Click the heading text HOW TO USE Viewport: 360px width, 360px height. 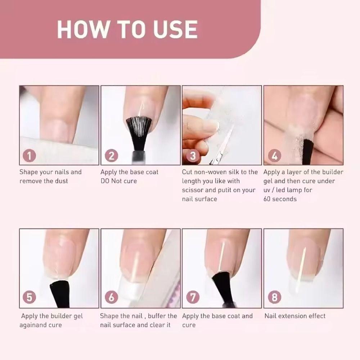[127, 29]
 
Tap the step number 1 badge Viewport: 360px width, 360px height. [30, 156]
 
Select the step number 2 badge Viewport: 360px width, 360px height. [111, 156]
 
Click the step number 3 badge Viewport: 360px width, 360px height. [193, 156]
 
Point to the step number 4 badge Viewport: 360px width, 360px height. [275, 156]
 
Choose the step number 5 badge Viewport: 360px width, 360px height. [30, 298]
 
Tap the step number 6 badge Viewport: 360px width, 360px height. [111, 298]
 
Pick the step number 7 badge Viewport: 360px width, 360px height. [193, 298]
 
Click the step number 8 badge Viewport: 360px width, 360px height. [275, 298]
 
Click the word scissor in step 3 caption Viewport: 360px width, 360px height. [193, 190]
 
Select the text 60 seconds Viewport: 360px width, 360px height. [280, 199]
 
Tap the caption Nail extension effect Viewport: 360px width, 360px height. [295, 316]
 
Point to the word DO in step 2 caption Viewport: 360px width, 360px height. [105, 181]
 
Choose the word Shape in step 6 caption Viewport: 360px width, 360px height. [109, 316]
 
